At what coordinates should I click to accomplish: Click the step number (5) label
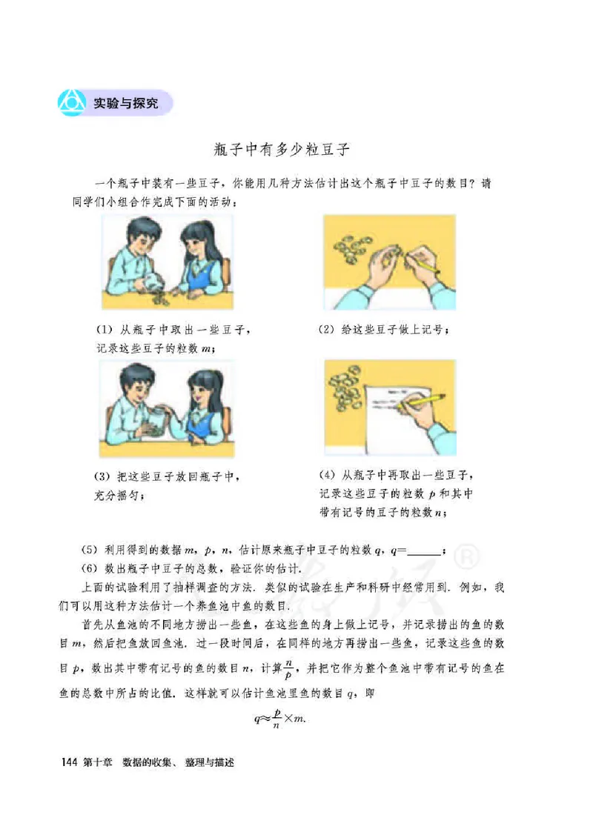88,550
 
